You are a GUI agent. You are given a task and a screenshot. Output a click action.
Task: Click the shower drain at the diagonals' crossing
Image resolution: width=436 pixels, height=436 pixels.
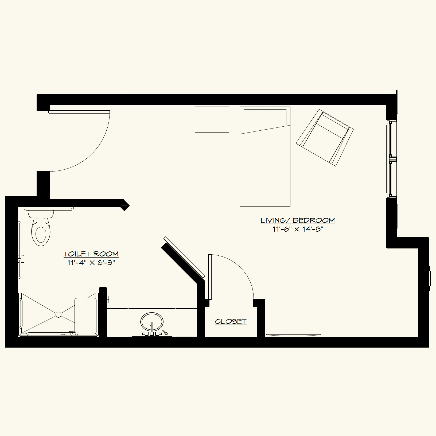pos(59,315)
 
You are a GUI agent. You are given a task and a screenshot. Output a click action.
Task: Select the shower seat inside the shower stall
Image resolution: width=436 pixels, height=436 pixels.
pos(85,316)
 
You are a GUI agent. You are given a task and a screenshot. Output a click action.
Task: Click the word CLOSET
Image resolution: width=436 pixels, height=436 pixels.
pos(231,321)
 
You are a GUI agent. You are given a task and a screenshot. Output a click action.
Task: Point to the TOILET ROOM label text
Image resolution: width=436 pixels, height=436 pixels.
pos(91,254)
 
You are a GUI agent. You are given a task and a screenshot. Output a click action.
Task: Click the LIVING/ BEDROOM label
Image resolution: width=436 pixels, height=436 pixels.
pos(297,220)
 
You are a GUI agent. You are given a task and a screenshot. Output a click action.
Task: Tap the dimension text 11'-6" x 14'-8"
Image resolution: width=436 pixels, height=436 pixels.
pos(298,229)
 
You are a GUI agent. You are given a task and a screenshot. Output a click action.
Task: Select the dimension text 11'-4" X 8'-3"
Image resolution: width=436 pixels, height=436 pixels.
pos(91,263)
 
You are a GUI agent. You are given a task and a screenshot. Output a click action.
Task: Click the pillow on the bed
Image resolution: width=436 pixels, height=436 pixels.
pos(265,117)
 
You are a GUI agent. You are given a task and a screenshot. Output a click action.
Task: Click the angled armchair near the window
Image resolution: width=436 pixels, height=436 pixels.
pos(325,138)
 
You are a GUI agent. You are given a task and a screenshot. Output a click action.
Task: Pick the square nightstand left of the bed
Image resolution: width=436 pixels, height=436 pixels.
pos(212,119)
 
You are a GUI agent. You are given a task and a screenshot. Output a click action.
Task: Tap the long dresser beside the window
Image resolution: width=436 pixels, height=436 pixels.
pos(375,159)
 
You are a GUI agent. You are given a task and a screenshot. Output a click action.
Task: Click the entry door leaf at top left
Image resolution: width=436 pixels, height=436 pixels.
pos(79,112)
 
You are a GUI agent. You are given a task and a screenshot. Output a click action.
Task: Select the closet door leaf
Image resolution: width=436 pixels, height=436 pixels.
pos(210,277)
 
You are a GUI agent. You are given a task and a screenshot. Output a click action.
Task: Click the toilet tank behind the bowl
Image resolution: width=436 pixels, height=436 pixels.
pos(41,214)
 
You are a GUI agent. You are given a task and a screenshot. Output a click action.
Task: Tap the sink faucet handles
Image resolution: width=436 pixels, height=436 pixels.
pos(152,333)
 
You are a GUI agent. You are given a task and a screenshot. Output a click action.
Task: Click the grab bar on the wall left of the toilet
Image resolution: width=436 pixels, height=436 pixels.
pos(19,250)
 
